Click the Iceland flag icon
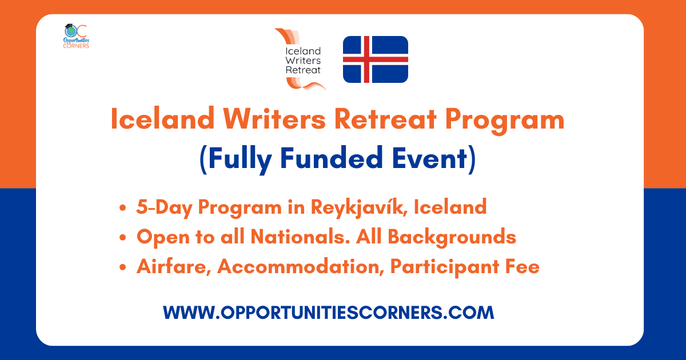[375, 59]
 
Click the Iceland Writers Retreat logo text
[303, 60]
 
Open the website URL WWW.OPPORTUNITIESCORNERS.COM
[328, 313]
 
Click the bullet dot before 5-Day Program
[123, 208]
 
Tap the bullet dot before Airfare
[123, 267]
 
